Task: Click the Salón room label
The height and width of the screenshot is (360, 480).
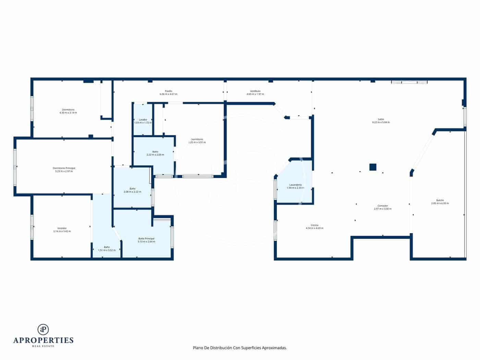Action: (x=381, y=119)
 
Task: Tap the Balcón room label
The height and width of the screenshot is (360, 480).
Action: (x=440, y=200)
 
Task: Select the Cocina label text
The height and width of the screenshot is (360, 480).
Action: (x=314, y=225)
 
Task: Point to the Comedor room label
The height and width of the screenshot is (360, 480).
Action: (x=383, y=206)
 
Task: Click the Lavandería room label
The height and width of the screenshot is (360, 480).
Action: (x=295, y=184)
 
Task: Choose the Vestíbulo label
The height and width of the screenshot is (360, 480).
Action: (x=255, y=91)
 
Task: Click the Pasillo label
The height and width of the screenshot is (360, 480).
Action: (x=168, y=91)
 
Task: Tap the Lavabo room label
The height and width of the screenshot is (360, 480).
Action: (x=143, y=120)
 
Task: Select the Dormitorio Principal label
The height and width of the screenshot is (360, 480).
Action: (x=64, y=168)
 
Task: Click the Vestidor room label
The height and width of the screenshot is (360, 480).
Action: (x=62, y=228)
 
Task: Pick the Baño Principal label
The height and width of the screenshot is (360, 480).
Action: (x=146, y=238)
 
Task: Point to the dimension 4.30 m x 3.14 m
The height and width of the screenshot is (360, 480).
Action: (x=68, y=112)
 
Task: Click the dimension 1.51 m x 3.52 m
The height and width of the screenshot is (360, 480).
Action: (x=107, y=250)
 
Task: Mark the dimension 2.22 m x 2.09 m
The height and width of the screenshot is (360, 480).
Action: (x=155, y=155)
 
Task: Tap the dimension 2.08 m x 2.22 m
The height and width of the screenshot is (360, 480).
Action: (x=132, y=192)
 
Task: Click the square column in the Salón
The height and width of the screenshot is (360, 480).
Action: (x=373, y=167)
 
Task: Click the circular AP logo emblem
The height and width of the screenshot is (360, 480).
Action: (x=43, y=329)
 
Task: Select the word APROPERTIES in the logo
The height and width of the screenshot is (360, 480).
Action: (x=43, y=340)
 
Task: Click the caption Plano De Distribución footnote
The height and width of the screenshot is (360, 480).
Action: (x=240, y=348)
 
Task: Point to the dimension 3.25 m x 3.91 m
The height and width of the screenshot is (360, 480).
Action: (x=197, y=142)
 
